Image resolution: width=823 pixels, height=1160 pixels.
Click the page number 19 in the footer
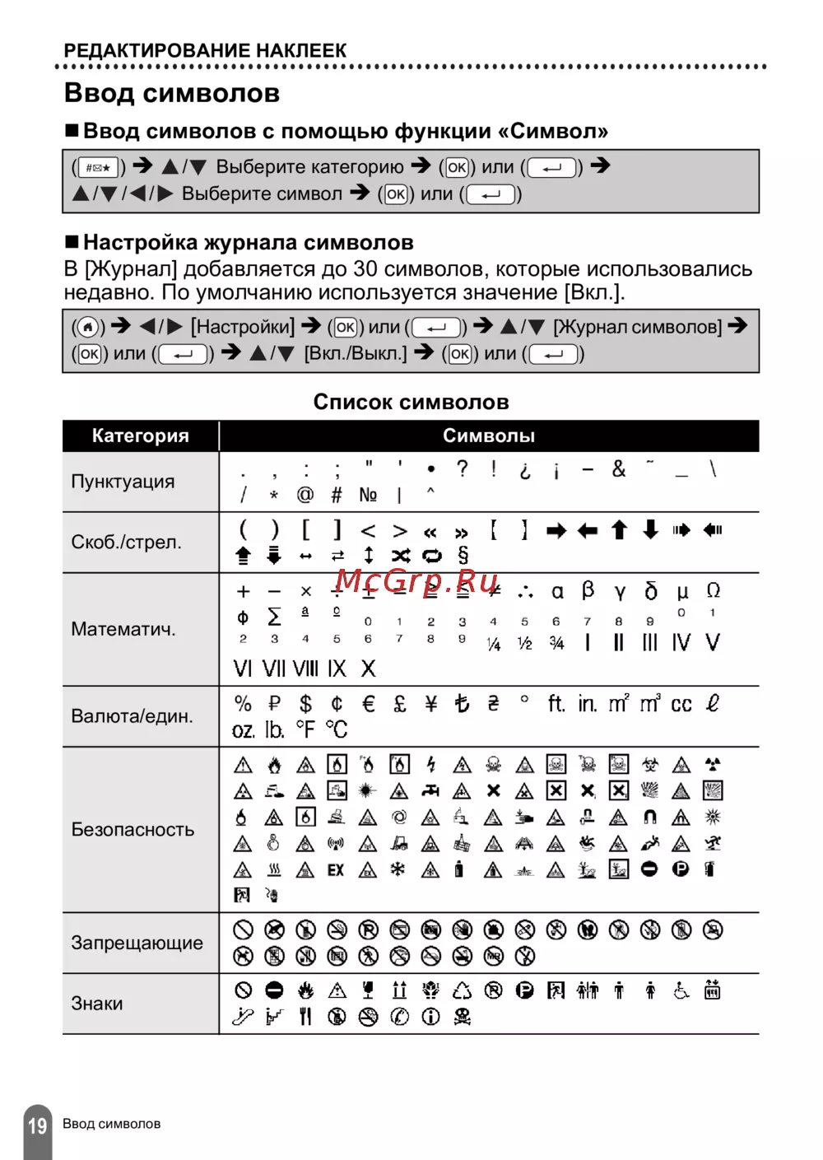[38, 1125]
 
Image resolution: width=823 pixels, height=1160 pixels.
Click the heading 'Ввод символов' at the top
[172, 93]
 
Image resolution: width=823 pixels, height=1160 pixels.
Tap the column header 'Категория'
[141, 436]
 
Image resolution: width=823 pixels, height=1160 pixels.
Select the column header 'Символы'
[489, 436]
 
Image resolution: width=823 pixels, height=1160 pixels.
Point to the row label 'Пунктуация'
[123, 482]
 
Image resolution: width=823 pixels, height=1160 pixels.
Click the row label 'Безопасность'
[133, 829]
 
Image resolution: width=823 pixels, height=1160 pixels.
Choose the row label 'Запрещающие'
[137, 943]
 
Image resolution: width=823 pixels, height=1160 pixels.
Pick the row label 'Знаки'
[97, 1004]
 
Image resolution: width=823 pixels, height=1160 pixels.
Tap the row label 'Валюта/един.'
[132, 716]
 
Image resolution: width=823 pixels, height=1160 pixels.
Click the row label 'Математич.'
[123, 629]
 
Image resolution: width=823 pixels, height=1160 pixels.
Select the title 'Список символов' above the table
[411, 402]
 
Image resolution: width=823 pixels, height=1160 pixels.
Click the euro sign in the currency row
[369, 704]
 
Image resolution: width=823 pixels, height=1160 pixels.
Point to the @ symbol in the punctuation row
[305, 495]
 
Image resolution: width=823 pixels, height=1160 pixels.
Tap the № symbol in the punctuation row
[368, 495]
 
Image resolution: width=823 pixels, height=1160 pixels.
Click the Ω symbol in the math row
[713, 590]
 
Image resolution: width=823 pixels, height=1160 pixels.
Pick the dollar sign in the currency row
[305, 704]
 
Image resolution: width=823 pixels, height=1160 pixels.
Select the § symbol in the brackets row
[463, 556]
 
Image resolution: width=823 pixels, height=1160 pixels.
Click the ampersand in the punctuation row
[619, 469]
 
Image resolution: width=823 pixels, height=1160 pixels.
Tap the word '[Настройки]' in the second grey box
[243, 327]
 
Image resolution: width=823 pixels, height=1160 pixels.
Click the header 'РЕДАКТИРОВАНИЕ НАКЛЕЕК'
[205, 50]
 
